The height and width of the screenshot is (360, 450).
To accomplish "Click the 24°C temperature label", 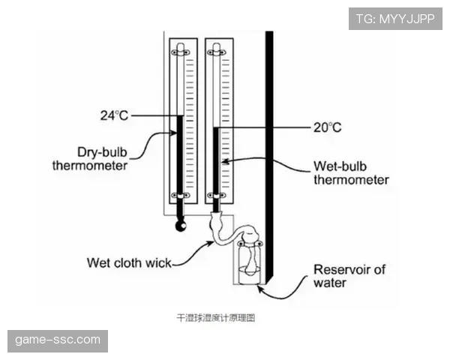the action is pos(114,115).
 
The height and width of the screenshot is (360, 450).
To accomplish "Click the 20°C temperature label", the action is pos(328,127).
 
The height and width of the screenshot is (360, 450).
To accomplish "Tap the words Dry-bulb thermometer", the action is pos(90,159).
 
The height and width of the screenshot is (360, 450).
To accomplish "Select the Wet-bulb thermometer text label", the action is pos(351,173).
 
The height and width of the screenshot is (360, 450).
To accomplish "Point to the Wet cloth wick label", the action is pos(129,262).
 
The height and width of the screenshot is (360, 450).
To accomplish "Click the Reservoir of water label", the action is pos(349,276).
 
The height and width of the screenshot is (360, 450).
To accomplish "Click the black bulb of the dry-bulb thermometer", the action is pos(181,226).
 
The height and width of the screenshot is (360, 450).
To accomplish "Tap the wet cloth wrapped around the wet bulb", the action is pos(217,223).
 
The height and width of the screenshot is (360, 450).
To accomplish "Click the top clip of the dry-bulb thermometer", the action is pos(180,52).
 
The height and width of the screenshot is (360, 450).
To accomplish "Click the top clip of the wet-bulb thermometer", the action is pos(217,52).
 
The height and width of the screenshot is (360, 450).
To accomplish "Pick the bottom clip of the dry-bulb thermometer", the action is pos(180,196).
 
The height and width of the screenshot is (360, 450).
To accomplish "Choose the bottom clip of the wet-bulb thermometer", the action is pos(217,196).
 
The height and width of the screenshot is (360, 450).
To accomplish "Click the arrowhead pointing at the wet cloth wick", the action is pos(211,244).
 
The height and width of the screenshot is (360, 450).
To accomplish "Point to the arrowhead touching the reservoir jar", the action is pos(259,288).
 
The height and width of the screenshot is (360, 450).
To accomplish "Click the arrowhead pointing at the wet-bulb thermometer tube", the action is pos(225,161).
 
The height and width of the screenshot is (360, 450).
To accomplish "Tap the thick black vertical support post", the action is pos(269,157).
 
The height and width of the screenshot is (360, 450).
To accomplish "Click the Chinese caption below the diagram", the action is pos(215,318).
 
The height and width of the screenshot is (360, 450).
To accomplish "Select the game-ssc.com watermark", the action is pos(58,340).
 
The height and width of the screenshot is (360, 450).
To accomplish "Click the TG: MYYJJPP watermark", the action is pos(395,19).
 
